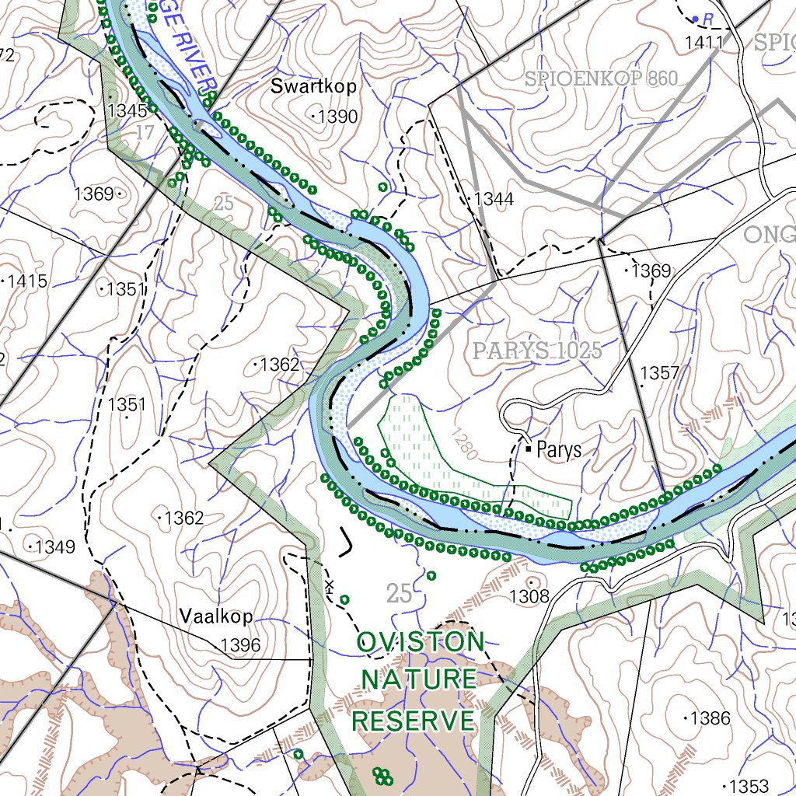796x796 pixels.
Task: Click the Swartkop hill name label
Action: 313,86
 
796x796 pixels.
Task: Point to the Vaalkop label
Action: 216,616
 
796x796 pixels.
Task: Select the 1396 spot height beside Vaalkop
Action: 240,645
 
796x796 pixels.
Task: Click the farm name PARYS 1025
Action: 537,351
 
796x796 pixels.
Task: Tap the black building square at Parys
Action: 529,448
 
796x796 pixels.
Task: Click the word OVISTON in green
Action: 421,642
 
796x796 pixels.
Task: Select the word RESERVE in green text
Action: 414,721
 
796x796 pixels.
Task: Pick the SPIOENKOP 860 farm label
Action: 601,79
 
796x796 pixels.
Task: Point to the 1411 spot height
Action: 703,44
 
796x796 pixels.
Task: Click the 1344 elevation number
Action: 494,200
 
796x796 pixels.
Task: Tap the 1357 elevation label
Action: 659,373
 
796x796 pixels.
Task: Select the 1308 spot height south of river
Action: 529,596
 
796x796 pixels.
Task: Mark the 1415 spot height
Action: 27,281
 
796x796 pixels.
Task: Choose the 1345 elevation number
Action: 127,110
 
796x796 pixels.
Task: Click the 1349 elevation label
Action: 54,547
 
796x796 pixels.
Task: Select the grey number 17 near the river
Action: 145,133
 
